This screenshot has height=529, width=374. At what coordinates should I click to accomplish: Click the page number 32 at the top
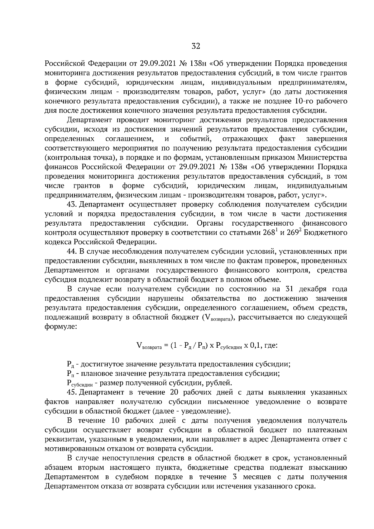click(196, 46)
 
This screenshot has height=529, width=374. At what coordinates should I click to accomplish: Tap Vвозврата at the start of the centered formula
click(149, 346)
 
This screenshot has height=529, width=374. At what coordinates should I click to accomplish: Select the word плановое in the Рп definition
click(96, 373)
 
